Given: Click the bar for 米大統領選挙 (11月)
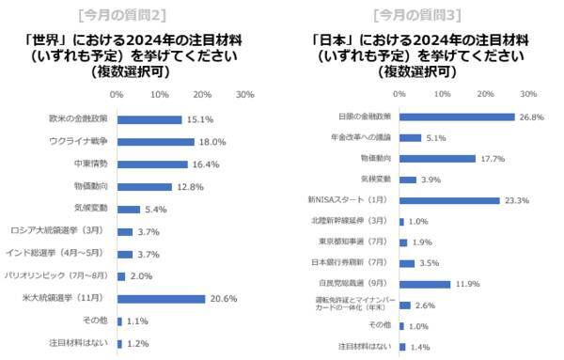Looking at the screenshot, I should pos(161,298).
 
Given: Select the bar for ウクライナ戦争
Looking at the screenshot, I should pos(155,142).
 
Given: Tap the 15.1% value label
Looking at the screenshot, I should pos(199,119).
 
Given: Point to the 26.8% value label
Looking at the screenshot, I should pos(531,117).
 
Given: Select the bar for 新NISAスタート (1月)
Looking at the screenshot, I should pos(449,200).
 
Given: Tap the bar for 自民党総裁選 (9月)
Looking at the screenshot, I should pos(425,281).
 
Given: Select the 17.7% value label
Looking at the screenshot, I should pos(493,158).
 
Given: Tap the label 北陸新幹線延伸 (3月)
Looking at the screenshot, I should pos(356,221).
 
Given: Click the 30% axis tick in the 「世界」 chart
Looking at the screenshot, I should pos(244,95).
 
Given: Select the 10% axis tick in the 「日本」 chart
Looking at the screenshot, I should pos(443,94).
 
